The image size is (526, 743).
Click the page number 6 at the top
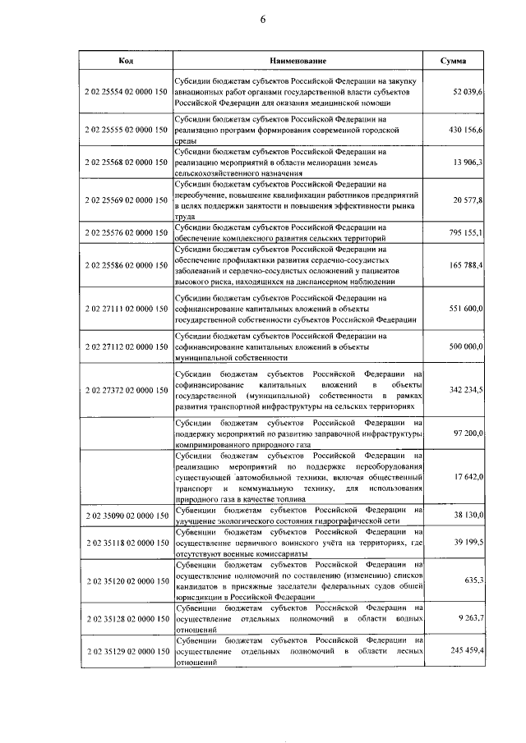(263, 21)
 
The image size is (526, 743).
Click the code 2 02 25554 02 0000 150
(126, 94)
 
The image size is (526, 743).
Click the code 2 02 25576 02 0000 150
(126, 232)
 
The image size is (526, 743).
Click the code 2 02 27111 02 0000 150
(126, 307)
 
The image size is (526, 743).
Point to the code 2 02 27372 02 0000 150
(126, 389)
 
